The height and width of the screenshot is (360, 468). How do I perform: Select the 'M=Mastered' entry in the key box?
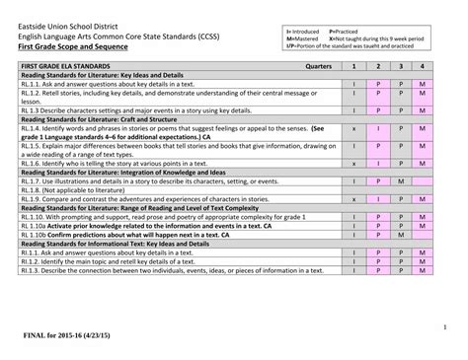(305, 38)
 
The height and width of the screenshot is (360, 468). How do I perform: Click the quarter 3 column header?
(401, 66)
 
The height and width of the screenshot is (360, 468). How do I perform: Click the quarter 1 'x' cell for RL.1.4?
(353, 128)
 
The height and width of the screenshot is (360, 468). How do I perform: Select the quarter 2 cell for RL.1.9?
(377, 198)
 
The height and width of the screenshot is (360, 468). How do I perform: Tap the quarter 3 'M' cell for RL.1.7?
(401, 181)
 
